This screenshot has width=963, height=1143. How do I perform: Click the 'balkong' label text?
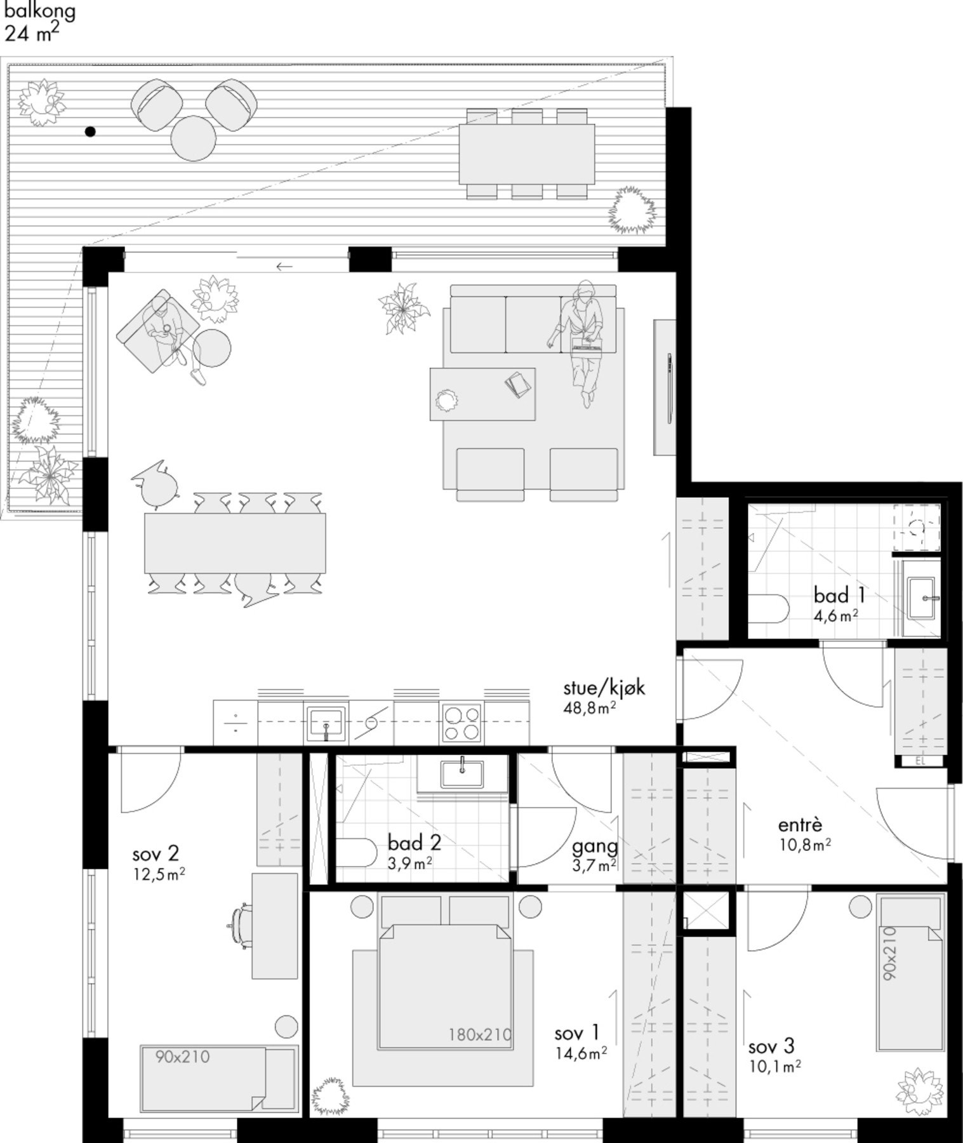40,11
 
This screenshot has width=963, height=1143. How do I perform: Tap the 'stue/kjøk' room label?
604,688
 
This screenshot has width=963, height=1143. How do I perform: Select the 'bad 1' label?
839,595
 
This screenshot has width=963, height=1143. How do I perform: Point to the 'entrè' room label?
800,825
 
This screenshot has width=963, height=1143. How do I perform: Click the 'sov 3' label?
771,1046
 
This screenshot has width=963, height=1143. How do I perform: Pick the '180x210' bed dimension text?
480,1034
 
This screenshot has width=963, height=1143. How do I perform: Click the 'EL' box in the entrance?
920,761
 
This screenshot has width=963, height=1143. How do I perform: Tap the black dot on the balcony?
90,132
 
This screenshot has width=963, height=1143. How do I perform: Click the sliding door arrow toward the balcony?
284,266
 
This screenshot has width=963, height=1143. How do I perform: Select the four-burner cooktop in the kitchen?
462,723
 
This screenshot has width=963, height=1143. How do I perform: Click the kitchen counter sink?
326,723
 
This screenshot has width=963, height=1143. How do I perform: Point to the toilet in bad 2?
356,853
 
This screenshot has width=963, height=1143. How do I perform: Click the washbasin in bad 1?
921,598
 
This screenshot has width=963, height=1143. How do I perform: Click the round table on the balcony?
194,138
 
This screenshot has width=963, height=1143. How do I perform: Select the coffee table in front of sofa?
482,394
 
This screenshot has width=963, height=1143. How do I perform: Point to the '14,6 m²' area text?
581,1053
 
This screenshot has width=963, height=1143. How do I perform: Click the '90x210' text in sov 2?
182,1057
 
